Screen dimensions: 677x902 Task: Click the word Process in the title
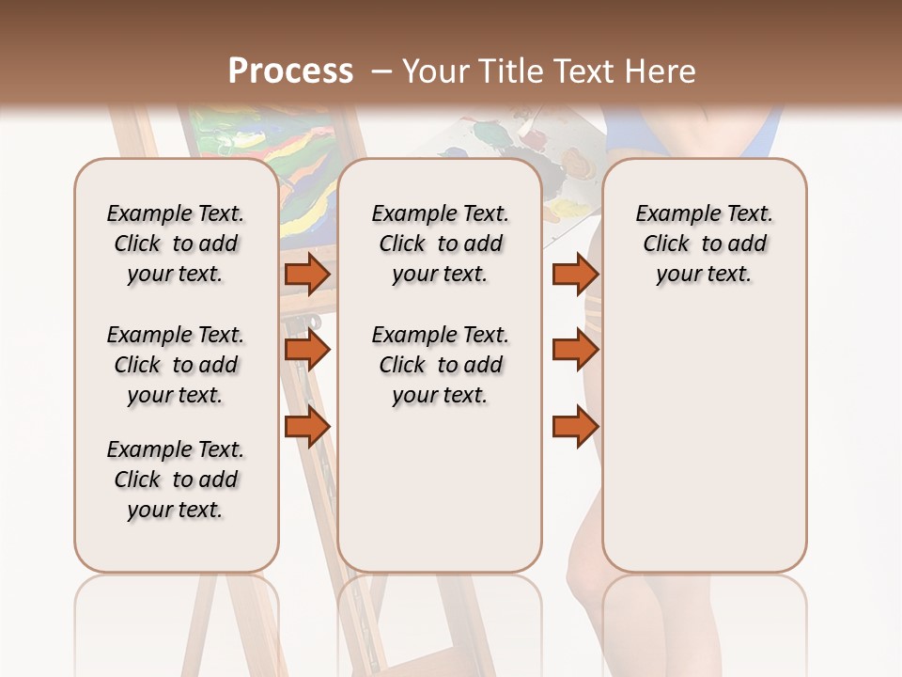click(x=290, y=71)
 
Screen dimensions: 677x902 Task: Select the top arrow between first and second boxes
click(x=307, y=274)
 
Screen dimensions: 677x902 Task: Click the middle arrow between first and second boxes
click(x=307, y=350)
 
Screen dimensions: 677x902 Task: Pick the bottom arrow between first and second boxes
click(x=307, y=426)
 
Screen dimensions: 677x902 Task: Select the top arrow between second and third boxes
click(x=575, y=274)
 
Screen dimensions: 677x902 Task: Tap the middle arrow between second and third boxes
click(x=575, y=350)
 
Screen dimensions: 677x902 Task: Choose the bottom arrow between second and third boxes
click(x=575, y=426)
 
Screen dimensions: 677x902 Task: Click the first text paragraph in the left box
click(x=176, y=244)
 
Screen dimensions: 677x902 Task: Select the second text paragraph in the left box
click(x=176, y=365)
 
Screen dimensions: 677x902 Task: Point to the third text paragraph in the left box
click(x=176, y=480)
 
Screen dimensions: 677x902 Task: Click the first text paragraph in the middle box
click(x=440, y=244)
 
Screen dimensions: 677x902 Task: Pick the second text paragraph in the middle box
click(x=440, y=365)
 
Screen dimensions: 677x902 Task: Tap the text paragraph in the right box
click(x=704, y=244)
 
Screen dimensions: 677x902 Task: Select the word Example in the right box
click(x=671, y=214)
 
